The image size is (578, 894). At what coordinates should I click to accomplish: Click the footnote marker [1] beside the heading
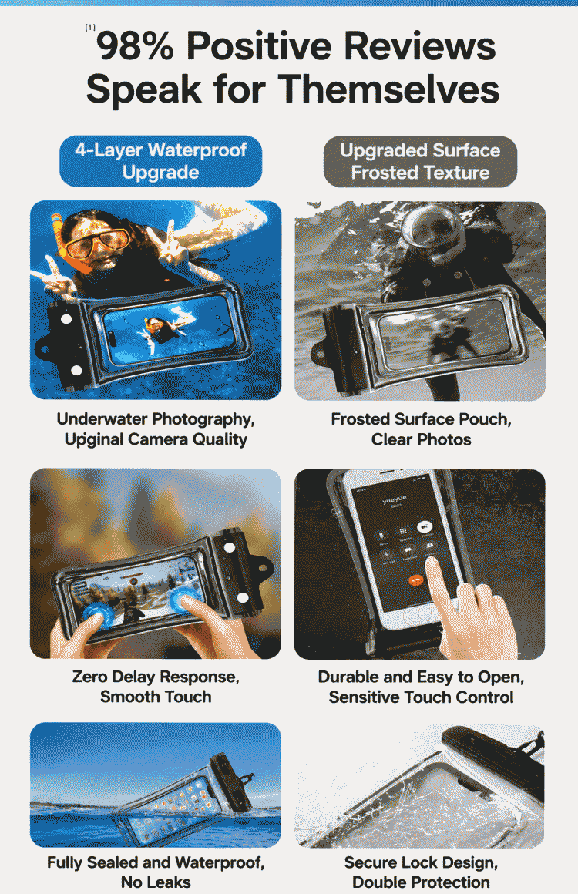pos(90,27)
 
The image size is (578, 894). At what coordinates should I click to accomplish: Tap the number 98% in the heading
pos(135,46)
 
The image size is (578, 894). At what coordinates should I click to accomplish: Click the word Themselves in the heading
pos(388,89)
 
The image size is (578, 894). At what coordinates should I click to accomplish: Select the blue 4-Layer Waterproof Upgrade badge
pos(161,161)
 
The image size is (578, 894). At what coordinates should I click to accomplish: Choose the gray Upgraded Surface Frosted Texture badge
pos(420,161)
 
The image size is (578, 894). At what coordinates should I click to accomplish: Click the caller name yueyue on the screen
pos(395,500)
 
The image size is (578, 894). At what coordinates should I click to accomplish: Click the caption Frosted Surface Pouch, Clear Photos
pos(422,429)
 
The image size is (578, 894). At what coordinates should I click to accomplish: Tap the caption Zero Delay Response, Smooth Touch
pos(156,687)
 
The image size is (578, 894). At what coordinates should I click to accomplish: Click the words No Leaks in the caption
pos(156,882)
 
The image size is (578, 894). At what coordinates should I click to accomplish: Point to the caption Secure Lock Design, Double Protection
pos(421,872)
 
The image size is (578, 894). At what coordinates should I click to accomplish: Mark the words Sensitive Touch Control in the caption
pos(421,697)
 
